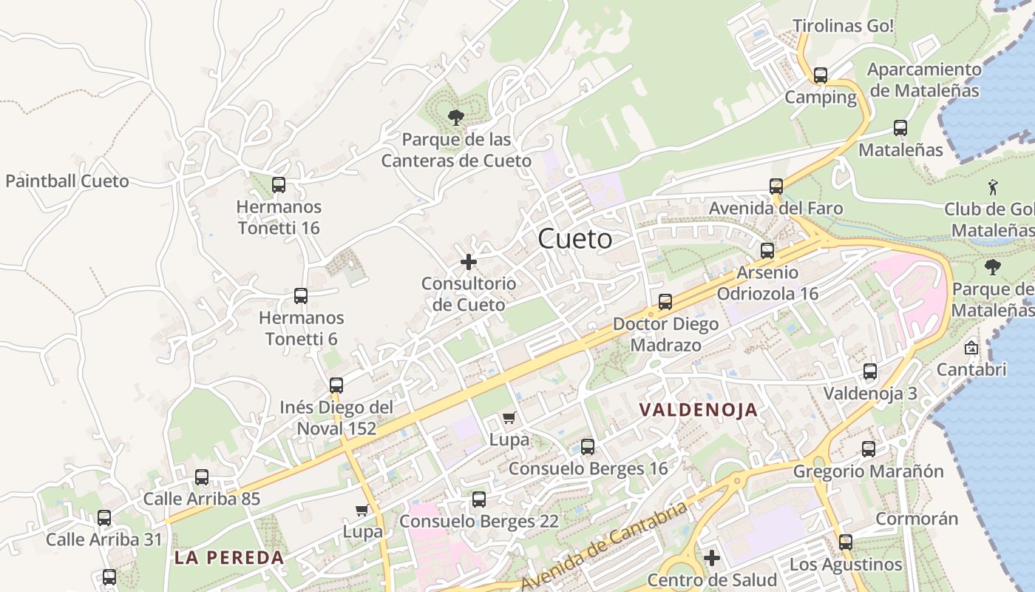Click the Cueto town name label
(x=575, y=238)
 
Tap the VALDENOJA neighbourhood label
(x=699, y=409)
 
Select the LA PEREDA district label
(x=229, y=558)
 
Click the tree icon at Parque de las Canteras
(x=456, y=116)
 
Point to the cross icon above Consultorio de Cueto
(x=469, y=261)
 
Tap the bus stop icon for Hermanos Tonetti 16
(x=279, y=185)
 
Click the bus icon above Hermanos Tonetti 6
(x=301, y=296)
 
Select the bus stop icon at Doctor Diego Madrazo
(x=665, y=302)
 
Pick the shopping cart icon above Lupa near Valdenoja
(x=509, y=418)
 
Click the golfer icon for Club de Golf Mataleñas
(x=993, y=187)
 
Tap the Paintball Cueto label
(x=67, y=181)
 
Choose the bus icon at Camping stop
(x=821, y=75)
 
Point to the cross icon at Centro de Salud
(x=712, y=557)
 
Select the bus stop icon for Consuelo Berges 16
(x=588, y=446)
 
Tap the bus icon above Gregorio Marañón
(x=869, y=448)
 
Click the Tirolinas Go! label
(x=844, y=26)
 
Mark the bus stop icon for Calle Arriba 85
(x=202, y=477)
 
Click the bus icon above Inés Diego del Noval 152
(x=336, y=385)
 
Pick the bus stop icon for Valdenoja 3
(x=870, y=371)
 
